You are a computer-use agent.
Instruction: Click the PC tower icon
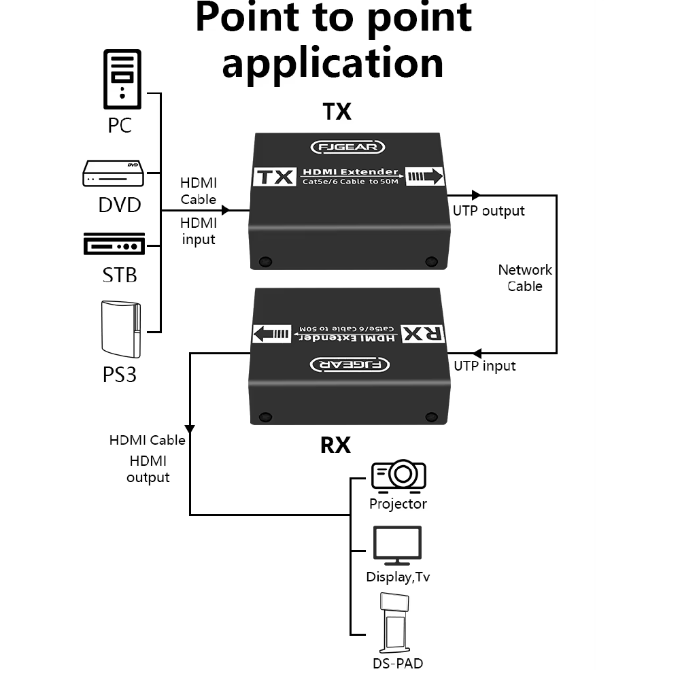coord(122,79)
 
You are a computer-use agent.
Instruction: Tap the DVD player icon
coord(114,173)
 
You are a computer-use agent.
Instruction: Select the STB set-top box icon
coord(114,244)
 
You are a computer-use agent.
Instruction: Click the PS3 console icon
coord(122,328)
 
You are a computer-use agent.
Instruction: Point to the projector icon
coord(398,474)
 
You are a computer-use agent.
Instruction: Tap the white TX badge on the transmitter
coord(275,177)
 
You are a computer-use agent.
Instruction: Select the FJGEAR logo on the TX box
coord(347,147)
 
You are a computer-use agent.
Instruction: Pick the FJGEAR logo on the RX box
coord(350,364)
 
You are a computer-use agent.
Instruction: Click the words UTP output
coord(489,211)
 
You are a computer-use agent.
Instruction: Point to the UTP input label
coord(485,367)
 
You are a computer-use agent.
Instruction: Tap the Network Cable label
coord(525,278)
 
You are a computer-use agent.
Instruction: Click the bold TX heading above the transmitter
coord(337,111)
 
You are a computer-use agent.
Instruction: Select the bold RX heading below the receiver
coord(335,445)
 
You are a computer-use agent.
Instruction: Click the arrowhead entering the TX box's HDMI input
coord(226,210)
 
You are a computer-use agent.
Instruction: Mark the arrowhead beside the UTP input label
coord(477,353)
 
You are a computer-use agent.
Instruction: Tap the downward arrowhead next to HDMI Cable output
coord(190,429)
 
